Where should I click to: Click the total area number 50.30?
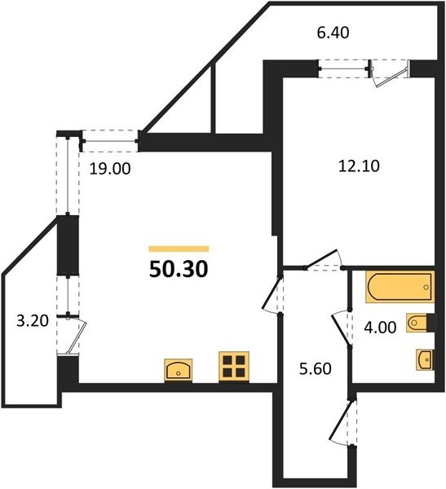[x=179, y=269]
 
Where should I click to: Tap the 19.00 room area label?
[x=110, y=169]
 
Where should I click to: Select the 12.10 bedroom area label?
[x=359, y=166]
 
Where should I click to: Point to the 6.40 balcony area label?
[x=333, y=33]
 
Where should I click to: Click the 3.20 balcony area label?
[x=33, y=320]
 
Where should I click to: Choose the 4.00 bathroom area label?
[x=381, y=328]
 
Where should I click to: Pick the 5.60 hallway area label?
[x=316, y=369]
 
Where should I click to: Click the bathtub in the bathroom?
[x=400, y=287]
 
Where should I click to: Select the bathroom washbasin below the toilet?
[x=425, y=360]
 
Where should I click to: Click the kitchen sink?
[x=179, y=370]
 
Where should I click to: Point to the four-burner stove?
[x=234, y=367]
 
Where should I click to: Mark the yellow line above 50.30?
[x=179, y=249]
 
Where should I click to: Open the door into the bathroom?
[x=342, y=329]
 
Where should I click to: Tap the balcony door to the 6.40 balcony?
[x=390, y=74]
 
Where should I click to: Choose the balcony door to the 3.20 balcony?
[x=75, y=335]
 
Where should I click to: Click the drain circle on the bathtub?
[x=426, y=287]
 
